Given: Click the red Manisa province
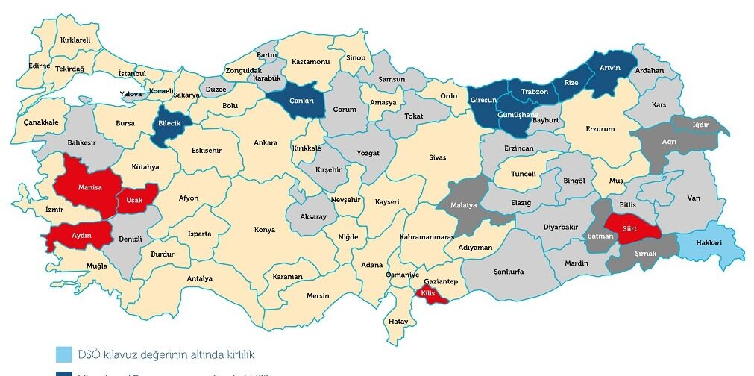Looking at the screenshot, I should click(x=84, y=183).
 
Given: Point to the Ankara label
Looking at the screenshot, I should click(x=265, y=142).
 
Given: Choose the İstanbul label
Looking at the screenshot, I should click(x=132, y=73).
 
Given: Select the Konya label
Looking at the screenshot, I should click(x=264, y=229).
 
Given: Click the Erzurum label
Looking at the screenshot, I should click(x=600, y=129).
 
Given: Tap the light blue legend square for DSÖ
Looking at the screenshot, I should click(x=63, y=354).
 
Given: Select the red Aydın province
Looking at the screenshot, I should click(x=81, y=235).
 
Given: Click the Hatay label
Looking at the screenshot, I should click(x=398, y=321).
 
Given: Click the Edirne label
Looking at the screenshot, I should click(x=39, y=66).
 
